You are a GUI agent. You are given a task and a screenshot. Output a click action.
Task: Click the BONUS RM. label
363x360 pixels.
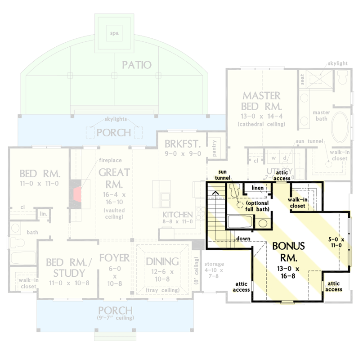coord(288,252)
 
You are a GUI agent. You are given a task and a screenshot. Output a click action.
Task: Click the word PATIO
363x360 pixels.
coord(137,65)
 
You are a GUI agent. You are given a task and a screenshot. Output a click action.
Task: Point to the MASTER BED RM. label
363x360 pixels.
coord(261,101)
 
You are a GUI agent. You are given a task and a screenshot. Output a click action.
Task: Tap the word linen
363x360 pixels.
coord(256,187)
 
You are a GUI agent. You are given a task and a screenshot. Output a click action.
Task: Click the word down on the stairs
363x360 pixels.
coord(244,239)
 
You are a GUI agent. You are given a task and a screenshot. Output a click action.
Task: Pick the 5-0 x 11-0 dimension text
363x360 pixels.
coord(336,242)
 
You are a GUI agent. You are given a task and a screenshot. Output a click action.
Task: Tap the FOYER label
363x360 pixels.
coord(114,258)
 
